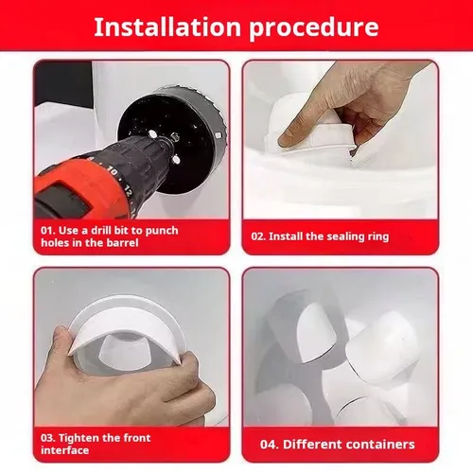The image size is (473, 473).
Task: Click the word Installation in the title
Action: [x=167, y=27]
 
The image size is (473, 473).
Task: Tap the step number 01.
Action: [x=47, y=231]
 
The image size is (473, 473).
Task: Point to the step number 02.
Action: [x=258, y=236]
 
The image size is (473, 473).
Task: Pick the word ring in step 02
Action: [x=377, y=237]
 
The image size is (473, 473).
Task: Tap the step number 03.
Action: [x=47, y=438]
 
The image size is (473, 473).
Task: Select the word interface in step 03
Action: [x=64, y=450]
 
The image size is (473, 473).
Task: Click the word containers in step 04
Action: [x=380, y=445]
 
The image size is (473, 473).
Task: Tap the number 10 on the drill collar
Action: [x=113, y=171]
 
